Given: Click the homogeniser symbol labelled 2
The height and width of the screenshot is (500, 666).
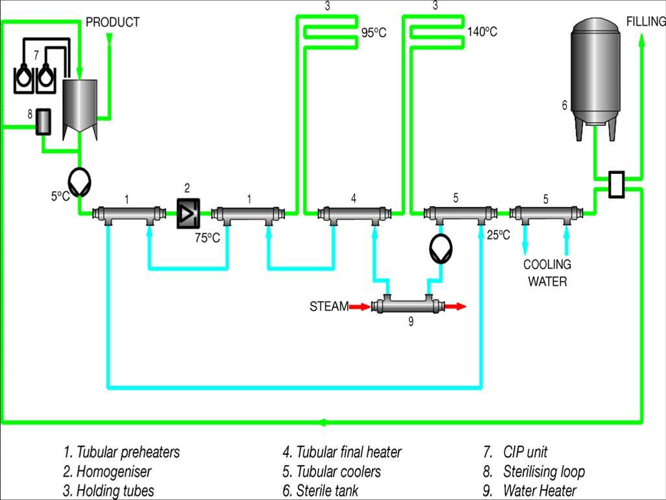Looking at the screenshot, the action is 188,213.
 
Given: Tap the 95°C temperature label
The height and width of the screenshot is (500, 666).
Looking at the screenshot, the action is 374,32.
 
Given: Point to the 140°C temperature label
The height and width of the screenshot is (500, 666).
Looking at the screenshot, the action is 482,32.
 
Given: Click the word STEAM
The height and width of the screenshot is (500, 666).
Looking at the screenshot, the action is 329,307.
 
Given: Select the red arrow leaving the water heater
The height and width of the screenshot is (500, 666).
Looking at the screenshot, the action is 455,307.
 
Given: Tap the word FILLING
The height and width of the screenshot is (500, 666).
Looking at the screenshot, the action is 646,21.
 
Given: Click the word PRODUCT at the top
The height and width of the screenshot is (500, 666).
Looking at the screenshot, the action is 112,22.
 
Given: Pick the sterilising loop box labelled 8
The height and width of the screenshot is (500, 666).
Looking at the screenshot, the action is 43,122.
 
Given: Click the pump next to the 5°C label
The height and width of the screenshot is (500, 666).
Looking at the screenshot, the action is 79,182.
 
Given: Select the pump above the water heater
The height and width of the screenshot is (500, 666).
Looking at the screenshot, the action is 441,249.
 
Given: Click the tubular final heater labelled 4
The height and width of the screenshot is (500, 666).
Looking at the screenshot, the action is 354,214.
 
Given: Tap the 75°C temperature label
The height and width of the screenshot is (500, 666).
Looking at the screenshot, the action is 207,238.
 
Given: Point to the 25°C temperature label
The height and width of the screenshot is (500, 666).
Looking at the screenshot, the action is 499,235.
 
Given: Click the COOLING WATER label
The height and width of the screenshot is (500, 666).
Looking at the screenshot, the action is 547,273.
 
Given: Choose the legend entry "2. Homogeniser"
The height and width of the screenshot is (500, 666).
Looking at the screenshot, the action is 107,471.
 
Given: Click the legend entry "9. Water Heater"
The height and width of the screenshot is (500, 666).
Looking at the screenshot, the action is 530,491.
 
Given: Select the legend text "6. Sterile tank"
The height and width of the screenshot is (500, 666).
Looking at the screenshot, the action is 320,491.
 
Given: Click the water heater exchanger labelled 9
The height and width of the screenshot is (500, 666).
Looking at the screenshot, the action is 408,305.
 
